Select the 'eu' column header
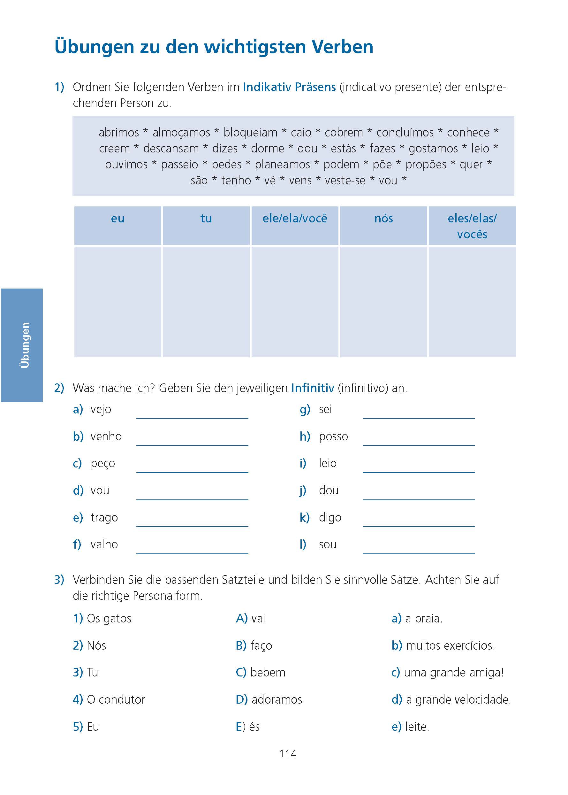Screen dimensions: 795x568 117,219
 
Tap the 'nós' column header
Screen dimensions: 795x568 383,219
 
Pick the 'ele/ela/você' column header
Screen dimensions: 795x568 294,219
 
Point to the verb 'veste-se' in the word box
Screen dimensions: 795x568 345,181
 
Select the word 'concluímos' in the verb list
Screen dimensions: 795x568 405,133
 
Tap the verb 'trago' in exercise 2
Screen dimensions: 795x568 104,517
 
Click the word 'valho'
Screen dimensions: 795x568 104,544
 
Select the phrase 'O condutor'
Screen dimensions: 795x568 116,699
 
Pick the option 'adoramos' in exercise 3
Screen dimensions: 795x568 276,699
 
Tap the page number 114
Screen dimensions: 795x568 288,753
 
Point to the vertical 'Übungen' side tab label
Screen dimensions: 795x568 25,345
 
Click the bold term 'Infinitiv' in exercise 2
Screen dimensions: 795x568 312,388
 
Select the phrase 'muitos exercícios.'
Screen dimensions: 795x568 450,645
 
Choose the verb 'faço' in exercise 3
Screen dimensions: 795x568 261,645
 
